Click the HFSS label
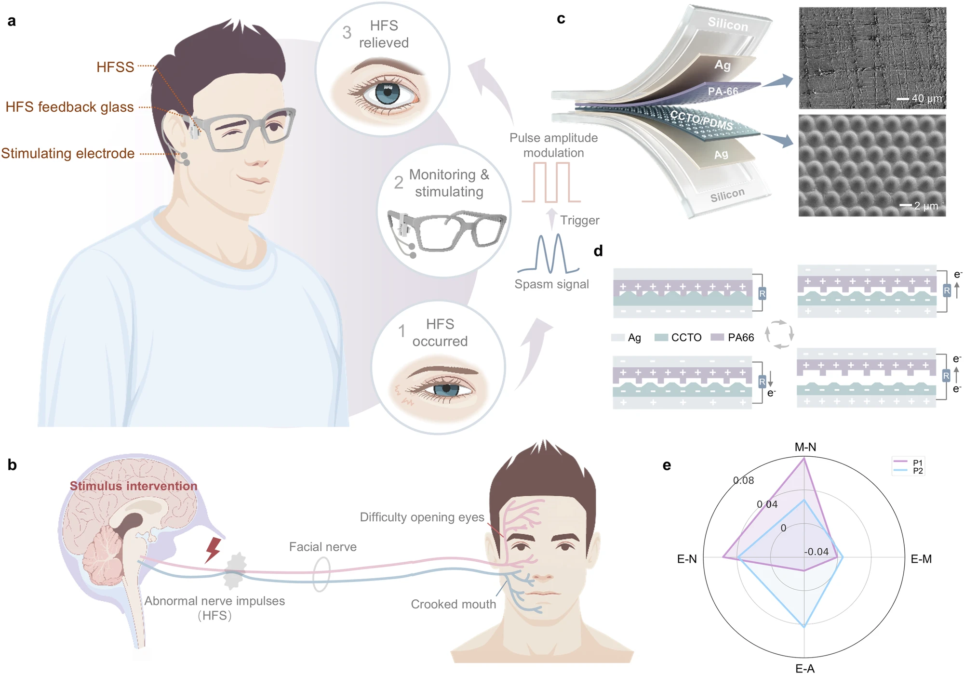pos(115,67)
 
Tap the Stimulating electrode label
pos(68,153)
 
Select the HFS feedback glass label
pos(69,107)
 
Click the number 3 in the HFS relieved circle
pos(347,33)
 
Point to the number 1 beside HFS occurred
pos(402,331)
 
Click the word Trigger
pos(579,221)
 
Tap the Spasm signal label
pos(551,284)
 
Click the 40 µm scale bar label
pos(926,99)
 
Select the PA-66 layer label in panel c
pos(723,91)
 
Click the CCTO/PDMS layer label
pos(701,120)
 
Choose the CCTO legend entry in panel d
pos(686,338)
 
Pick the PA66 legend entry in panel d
pos(740,338)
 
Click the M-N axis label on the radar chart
pos(805,447)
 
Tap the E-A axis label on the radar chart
pos(804,668)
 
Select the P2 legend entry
pos(917,471)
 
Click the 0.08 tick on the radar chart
pos(743,480)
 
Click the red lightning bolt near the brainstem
pos(213,550)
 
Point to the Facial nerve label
pos(322,547)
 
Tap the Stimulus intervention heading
pos(134,486)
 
